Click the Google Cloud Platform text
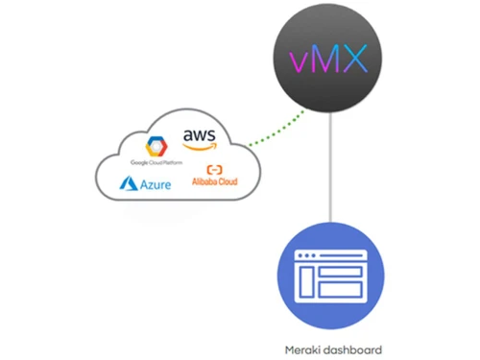coord(156,162)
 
